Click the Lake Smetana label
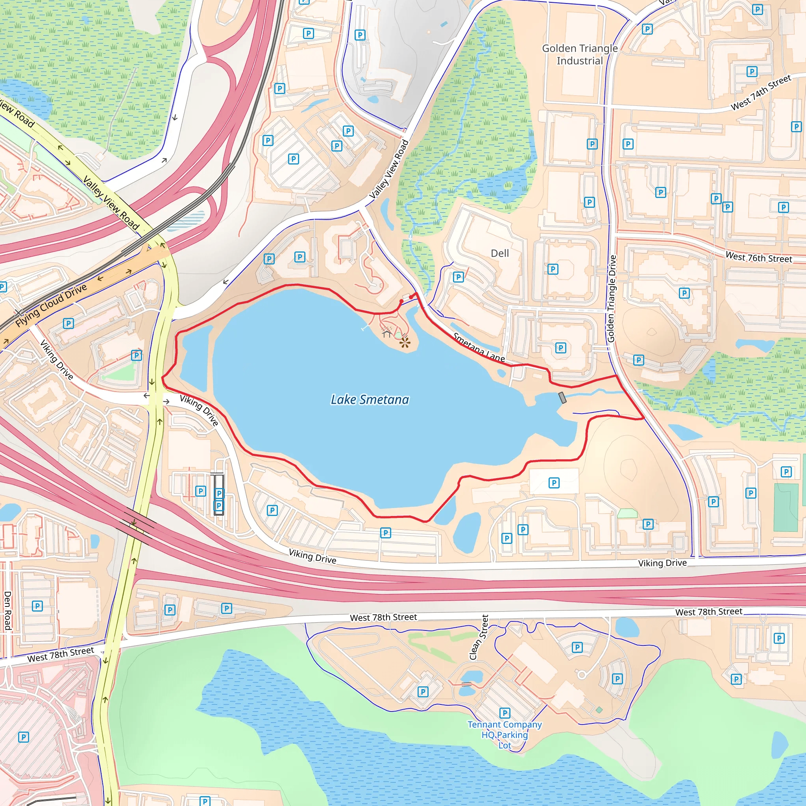(x=370, y=400)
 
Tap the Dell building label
(x=500, y=253)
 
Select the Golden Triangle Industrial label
(x=580, y=54)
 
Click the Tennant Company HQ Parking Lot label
(x=505, y=735)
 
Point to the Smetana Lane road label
(x=479, y=347)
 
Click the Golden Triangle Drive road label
(x=612, y=299)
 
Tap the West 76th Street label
(x=758, y=257)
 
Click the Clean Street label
(x=479, y=637)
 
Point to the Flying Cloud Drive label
(x=51, y=305)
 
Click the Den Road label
(x=7, y=610)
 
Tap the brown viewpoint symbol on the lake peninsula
(x=404, y=342)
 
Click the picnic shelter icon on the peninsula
(x=387, y=333)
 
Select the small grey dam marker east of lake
(x=562, y=397)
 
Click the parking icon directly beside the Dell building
(x=458, y=277)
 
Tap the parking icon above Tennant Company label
(x=505, y=713)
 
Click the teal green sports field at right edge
(x=786, y=507)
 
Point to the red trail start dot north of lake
(x=401, y=301)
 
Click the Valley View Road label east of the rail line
(x=389, y=169)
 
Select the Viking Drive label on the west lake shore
(x=199, y=410)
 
